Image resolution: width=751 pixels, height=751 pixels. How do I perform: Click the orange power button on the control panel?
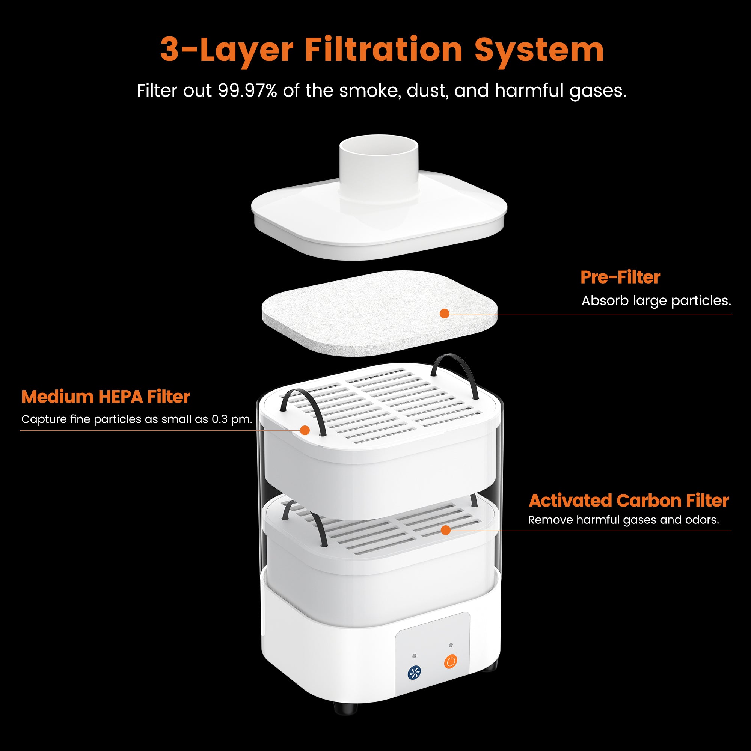click(x=451, y=661)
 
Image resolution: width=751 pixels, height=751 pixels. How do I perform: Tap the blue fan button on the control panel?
click(x=415, y=673)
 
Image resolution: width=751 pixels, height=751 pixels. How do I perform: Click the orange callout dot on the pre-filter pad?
click(x=444, y=314)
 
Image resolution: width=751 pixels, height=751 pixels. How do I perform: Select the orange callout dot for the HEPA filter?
click(x=305, y=430)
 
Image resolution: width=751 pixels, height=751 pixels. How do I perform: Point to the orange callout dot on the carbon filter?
click(x=446, y=530)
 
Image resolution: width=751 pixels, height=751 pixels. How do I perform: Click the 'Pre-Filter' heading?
click(x=620, y=277)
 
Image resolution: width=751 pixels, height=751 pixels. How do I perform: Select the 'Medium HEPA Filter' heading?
click(x=106, y=397)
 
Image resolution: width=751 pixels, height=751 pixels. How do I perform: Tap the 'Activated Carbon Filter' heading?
click(x=629, y=501)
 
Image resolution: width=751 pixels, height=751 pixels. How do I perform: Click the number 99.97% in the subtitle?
click(x=247, y=91)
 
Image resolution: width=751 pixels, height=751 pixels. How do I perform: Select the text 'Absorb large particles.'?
click(x=656, y=301)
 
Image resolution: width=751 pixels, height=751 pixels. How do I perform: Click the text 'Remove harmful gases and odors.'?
click(x=623, y=520)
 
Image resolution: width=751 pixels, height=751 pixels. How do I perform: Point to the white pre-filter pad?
click(x=379, y=313)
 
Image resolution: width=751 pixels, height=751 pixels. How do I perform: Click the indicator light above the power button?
click(x=451, y=645)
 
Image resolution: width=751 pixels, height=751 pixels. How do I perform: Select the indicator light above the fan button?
click(x=415, y=656)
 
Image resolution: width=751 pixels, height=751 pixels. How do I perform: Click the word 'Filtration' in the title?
click(x=384, y=50)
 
